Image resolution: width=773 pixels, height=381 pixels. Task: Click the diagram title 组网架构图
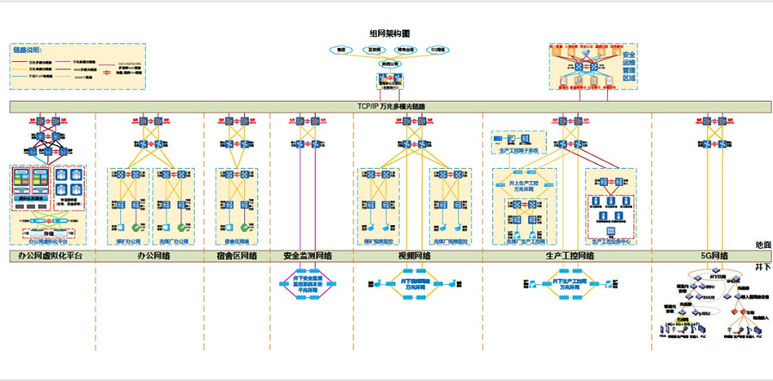tap(389, 33)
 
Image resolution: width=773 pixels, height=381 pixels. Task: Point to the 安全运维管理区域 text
tap(628, 66)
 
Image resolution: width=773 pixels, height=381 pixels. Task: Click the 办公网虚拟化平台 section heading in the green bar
tap(50, 256)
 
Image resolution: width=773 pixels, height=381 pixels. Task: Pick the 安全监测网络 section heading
tap(307, 256)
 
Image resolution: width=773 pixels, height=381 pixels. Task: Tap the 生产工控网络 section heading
tap(570, 256)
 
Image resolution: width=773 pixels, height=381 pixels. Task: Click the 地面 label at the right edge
tap(763, 245)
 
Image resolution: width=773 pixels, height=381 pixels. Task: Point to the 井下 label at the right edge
tap(763, 267)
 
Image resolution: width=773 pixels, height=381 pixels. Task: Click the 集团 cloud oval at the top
tap(341, 51)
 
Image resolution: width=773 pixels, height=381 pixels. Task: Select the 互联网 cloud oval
tap(374, 51)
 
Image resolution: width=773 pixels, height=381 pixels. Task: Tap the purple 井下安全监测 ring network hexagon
tap(307, 284)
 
